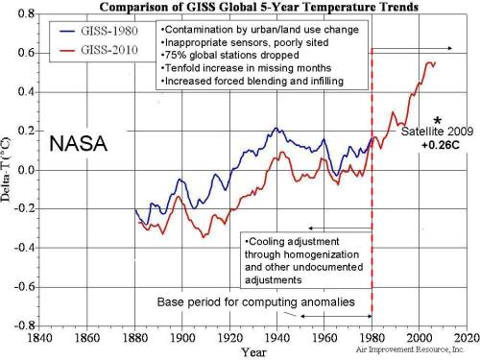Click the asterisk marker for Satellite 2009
click(x=437, y=118)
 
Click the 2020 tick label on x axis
click(x=466, y=338)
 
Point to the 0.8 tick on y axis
click(x=26, y=14)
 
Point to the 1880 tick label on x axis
click(x=136, y=338)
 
